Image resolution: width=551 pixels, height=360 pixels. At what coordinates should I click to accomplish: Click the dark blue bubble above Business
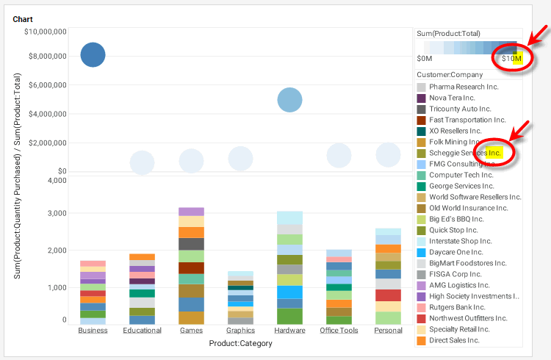click(93, 54)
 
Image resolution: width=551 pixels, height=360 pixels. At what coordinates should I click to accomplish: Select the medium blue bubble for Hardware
click(290, 99)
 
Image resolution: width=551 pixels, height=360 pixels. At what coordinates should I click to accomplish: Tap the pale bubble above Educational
click(142, 163)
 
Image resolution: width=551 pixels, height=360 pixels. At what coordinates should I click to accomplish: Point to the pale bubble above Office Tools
click(339, 155)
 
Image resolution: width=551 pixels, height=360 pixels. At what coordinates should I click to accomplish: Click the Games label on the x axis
click(191, 331)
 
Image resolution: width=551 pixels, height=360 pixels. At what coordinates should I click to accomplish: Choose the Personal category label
click(388, 331)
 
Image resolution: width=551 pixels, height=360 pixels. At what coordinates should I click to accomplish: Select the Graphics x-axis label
click(240, 331)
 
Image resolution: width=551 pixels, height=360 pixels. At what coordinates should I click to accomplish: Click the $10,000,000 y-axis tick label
click(46, 32)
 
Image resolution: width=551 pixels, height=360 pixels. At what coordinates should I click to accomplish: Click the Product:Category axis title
click(240, 343)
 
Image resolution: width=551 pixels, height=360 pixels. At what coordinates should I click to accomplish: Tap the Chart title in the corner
click(23, 19)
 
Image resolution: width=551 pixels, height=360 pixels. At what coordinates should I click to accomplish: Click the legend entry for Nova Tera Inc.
click(452, 98)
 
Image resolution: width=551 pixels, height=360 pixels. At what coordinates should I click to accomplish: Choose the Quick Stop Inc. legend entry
click(453, 230)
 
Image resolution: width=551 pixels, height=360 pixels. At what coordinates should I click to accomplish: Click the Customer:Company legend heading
click(450, 75)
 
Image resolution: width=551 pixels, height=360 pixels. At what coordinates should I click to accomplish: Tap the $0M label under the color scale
click(424, 58)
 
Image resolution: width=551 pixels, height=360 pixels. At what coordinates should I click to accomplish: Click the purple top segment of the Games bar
click(191, 212)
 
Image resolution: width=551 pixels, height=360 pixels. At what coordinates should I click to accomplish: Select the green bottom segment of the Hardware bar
click(289, 316)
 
